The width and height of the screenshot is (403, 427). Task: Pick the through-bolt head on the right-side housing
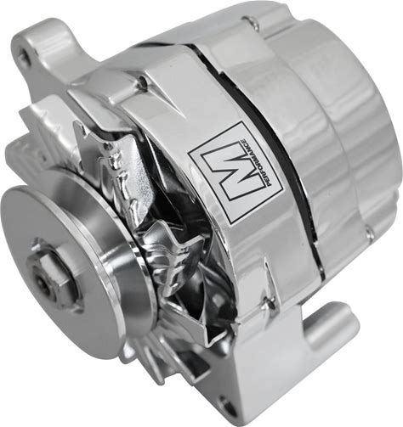click(371, 234)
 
